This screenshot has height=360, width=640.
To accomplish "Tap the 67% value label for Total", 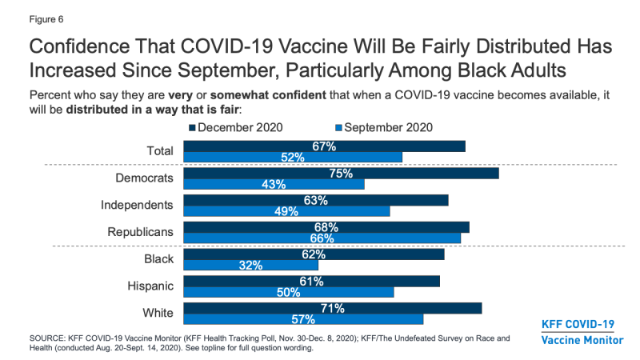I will pos(324,146).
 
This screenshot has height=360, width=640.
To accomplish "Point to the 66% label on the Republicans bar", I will pos(322,238).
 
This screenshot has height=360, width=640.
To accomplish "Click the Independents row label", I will pos(137,205).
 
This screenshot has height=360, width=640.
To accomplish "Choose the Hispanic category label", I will pos(150,286).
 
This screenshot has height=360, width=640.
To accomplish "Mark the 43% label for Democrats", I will pos(274,184).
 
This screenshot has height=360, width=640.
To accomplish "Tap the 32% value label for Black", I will pos(250,266).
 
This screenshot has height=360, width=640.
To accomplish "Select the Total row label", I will pos(159,150).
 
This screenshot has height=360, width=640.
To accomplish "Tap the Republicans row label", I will pos(141,232).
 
